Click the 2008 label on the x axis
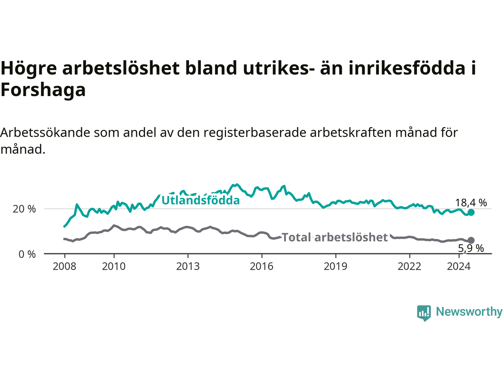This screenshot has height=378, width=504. point(64,267)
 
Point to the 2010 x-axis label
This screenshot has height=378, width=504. point(114,267)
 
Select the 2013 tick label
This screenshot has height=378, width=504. point(188,267)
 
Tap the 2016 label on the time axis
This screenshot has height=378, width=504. point(261,267)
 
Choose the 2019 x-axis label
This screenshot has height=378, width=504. point(335,267)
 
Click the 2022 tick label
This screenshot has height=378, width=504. point(409,267)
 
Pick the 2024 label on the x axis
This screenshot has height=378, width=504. point(459,267)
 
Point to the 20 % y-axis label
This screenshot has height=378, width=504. point(24,209)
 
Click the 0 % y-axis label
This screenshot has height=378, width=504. point(27,254)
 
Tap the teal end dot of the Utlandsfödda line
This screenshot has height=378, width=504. point(471,212)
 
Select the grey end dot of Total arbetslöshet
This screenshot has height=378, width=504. point(471,240)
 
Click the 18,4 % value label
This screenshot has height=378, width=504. point(471,203)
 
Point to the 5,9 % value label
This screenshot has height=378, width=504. point(471,248)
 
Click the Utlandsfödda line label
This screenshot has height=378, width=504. point(201,200)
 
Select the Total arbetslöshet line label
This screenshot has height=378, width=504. point(335,237)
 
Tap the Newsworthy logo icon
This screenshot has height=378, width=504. point(424,313)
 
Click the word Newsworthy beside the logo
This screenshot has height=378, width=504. point(469,312)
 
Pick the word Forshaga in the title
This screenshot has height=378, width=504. point(43,89)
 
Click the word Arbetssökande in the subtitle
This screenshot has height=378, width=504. point(45,132)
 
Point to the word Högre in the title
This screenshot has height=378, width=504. point(29,69)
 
